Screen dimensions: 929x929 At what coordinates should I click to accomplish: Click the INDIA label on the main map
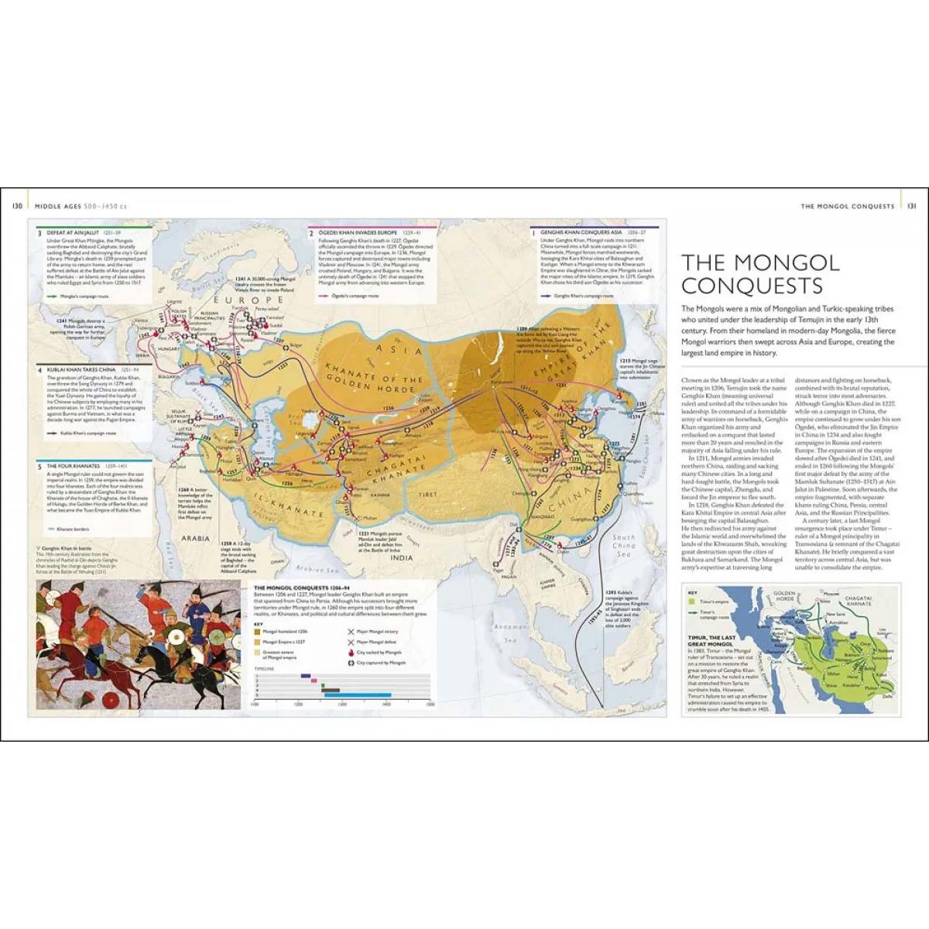(x=402, y=557)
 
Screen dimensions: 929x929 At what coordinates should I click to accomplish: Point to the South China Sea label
(x=623, y=545)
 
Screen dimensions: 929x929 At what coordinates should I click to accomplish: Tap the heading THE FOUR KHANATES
(x=73, y=466)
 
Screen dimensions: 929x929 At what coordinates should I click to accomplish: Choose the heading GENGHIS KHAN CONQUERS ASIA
(x=581, y=232)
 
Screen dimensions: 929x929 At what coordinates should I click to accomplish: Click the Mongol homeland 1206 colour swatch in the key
(x=259, y=632)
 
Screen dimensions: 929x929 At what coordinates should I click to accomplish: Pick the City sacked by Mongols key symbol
(x=351, y=653)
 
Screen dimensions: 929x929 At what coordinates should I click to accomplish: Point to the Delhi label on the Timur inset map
(x=886, y=696)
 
